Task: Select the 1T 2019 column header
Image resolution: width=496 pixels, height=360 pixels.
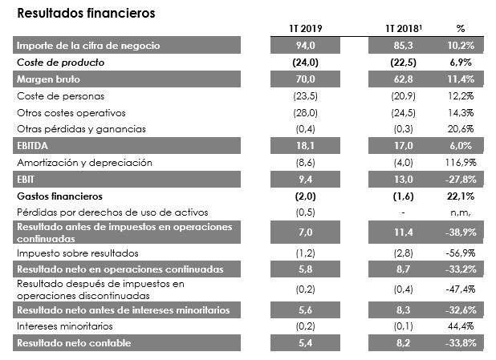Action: [305, 29]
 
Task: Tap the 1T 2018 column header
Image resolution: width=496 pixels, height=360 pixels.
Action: [400, 29]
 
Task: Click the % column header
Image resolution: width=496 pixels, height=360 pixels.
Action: [460, 29]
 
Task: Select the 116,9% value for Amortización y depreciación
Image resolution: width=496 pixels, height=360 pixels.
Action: [465, 163]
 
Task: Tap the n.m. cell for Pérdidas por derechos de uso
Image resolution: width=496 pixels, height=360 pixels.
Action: [465, 212]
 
